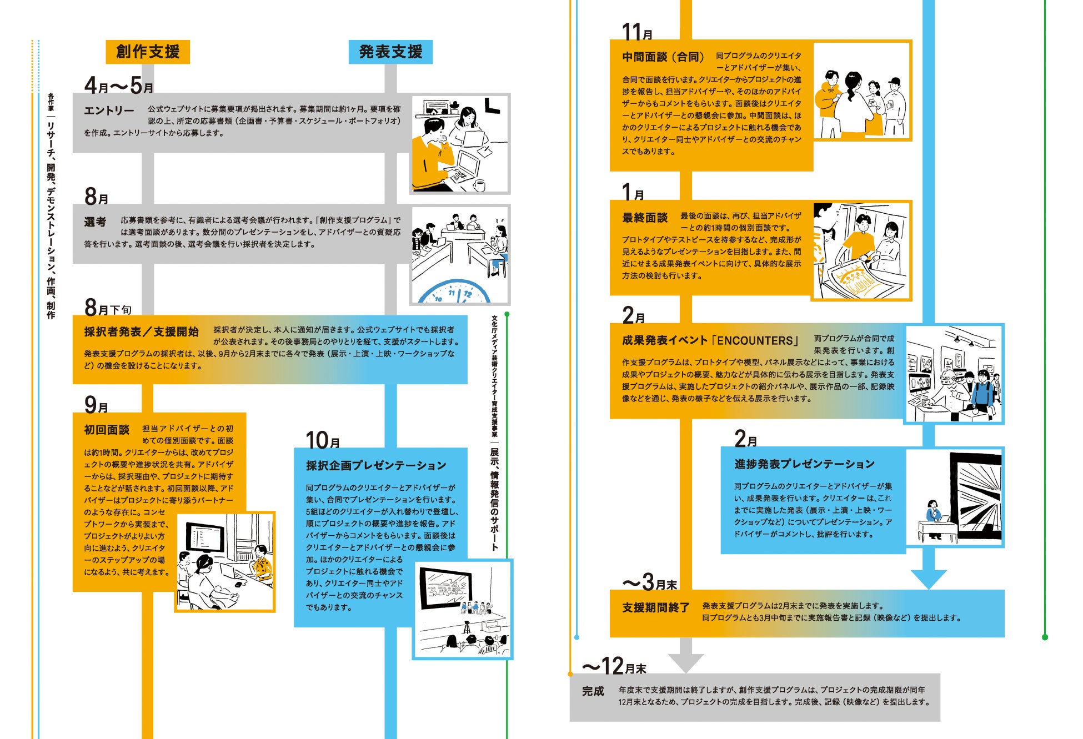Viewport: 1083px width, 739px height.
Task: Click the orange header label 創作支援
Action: [148, 52]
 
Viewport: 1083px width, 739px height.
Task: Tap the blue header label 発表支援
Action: [390, 52]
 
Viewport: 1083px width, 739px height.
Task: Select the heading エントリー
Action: [109, 110]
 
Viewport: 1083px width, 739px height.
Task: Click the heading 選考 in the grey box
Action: [95, 222]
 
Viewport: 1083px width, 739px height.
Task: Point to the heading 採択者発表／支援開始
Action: [141, 331]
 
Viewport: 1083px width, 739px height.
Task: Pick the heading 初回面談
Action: [107, 429]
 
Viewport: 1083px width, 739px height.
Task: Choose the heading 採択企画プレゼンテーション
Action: [376, 465]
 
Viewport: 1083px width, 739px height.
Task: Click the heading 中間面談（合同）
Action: [663, 57]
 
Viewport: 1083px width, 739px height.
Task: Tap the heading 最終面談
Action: [645, 218]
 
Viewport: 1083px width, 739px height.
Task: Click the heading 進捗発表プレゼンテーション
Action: [804, 464]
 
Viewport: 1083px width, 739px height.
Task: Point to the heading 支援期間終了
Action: [655, 607]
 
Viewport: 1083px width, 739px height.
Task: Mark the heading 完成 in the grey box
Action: [593, 691]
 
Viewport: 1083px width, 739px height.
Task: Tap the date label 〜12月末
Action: [614, 666]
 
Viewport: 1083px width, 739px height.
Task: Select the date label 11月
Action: [637, 32]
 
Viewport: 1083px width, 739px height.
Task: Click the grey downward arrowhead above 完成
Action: [686, 661]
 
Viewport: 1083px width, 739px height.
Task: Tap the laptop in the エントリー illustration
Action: [462, 167]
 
